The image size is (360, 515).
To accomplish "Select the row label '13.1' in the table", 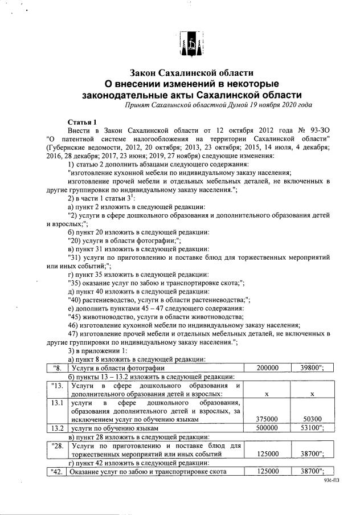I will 56,403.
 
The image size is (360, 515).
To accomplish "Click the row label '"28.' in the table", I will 56,445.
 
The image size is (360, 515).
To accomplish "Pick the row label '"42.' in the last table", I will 56,471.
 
